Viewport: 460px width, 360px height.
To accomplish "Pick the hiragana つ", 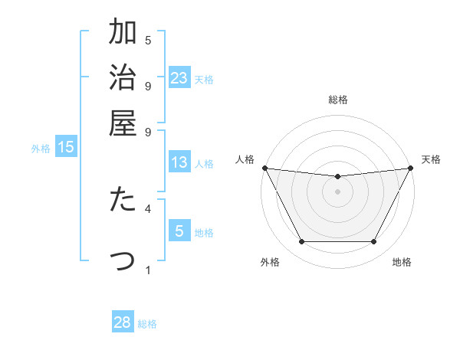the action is pyautogui.click(x=123, y=260).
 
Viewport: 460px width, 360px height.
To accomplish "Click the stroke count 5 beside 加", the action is pyautogui.click(x=148, y=40).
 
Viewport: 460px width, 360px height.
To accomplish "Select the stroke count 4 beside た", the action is pyautogui.click(x=148, y=208).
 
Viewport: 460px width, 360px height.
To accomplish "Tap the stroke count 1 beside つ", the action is pyautogui.click(x=148, y=269).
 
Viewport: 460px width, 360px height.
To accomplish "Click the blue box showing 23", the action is pyautogui.click(x=179, y=78).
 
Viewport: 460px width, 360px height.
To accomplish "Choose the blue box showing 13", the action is pyautogui.click(x=179, y=162).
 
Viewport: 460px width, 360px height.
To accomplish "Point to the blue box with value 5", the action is pyautogui.click(x=179, y=231).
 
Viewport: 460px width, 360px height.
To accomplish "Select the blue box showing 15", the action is pyautogui.click(x=66, y=148).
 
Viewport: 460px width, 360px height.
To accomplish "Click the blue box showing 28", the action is pyautogui.click(x=123, y=322).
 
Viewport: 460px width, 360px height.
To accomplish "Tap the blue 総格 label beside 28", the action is pyautogui.click(x=147, y=324).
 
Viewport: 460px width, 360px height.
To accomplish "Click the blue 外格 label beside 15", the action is pyautogui.click(x=41, y=149).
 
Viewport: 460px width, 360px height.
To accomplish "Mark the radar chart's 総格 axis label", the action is pyautogui.click(x=337, y=100).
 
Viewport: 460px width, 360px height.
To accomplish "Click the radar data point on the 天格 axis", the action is pyautogui.click(x=411, y=168).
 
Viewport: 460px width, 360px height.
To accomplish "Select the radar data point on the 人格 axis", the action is pyautogui.click(x=264, y=168).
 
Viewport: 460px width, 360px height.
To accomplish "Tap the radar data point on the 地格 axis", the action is pyautogui.click(x=373, y=241).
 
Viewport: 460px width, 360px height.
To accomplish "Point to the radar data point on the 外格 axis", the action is pyautogui.click(x=301, y=241).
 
